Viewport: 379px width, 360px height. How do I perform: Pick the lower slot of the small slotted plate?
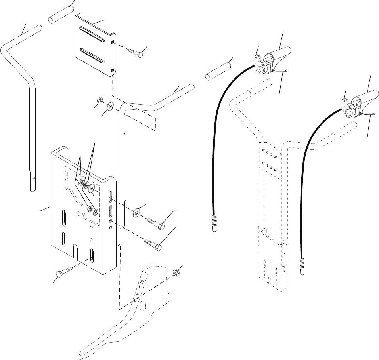(92, 55)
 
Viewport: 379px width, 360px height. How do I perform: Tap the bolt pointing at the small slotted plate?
(136, 53)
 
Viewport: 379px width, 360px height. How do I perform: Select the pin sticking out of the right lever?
(369, 115)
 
